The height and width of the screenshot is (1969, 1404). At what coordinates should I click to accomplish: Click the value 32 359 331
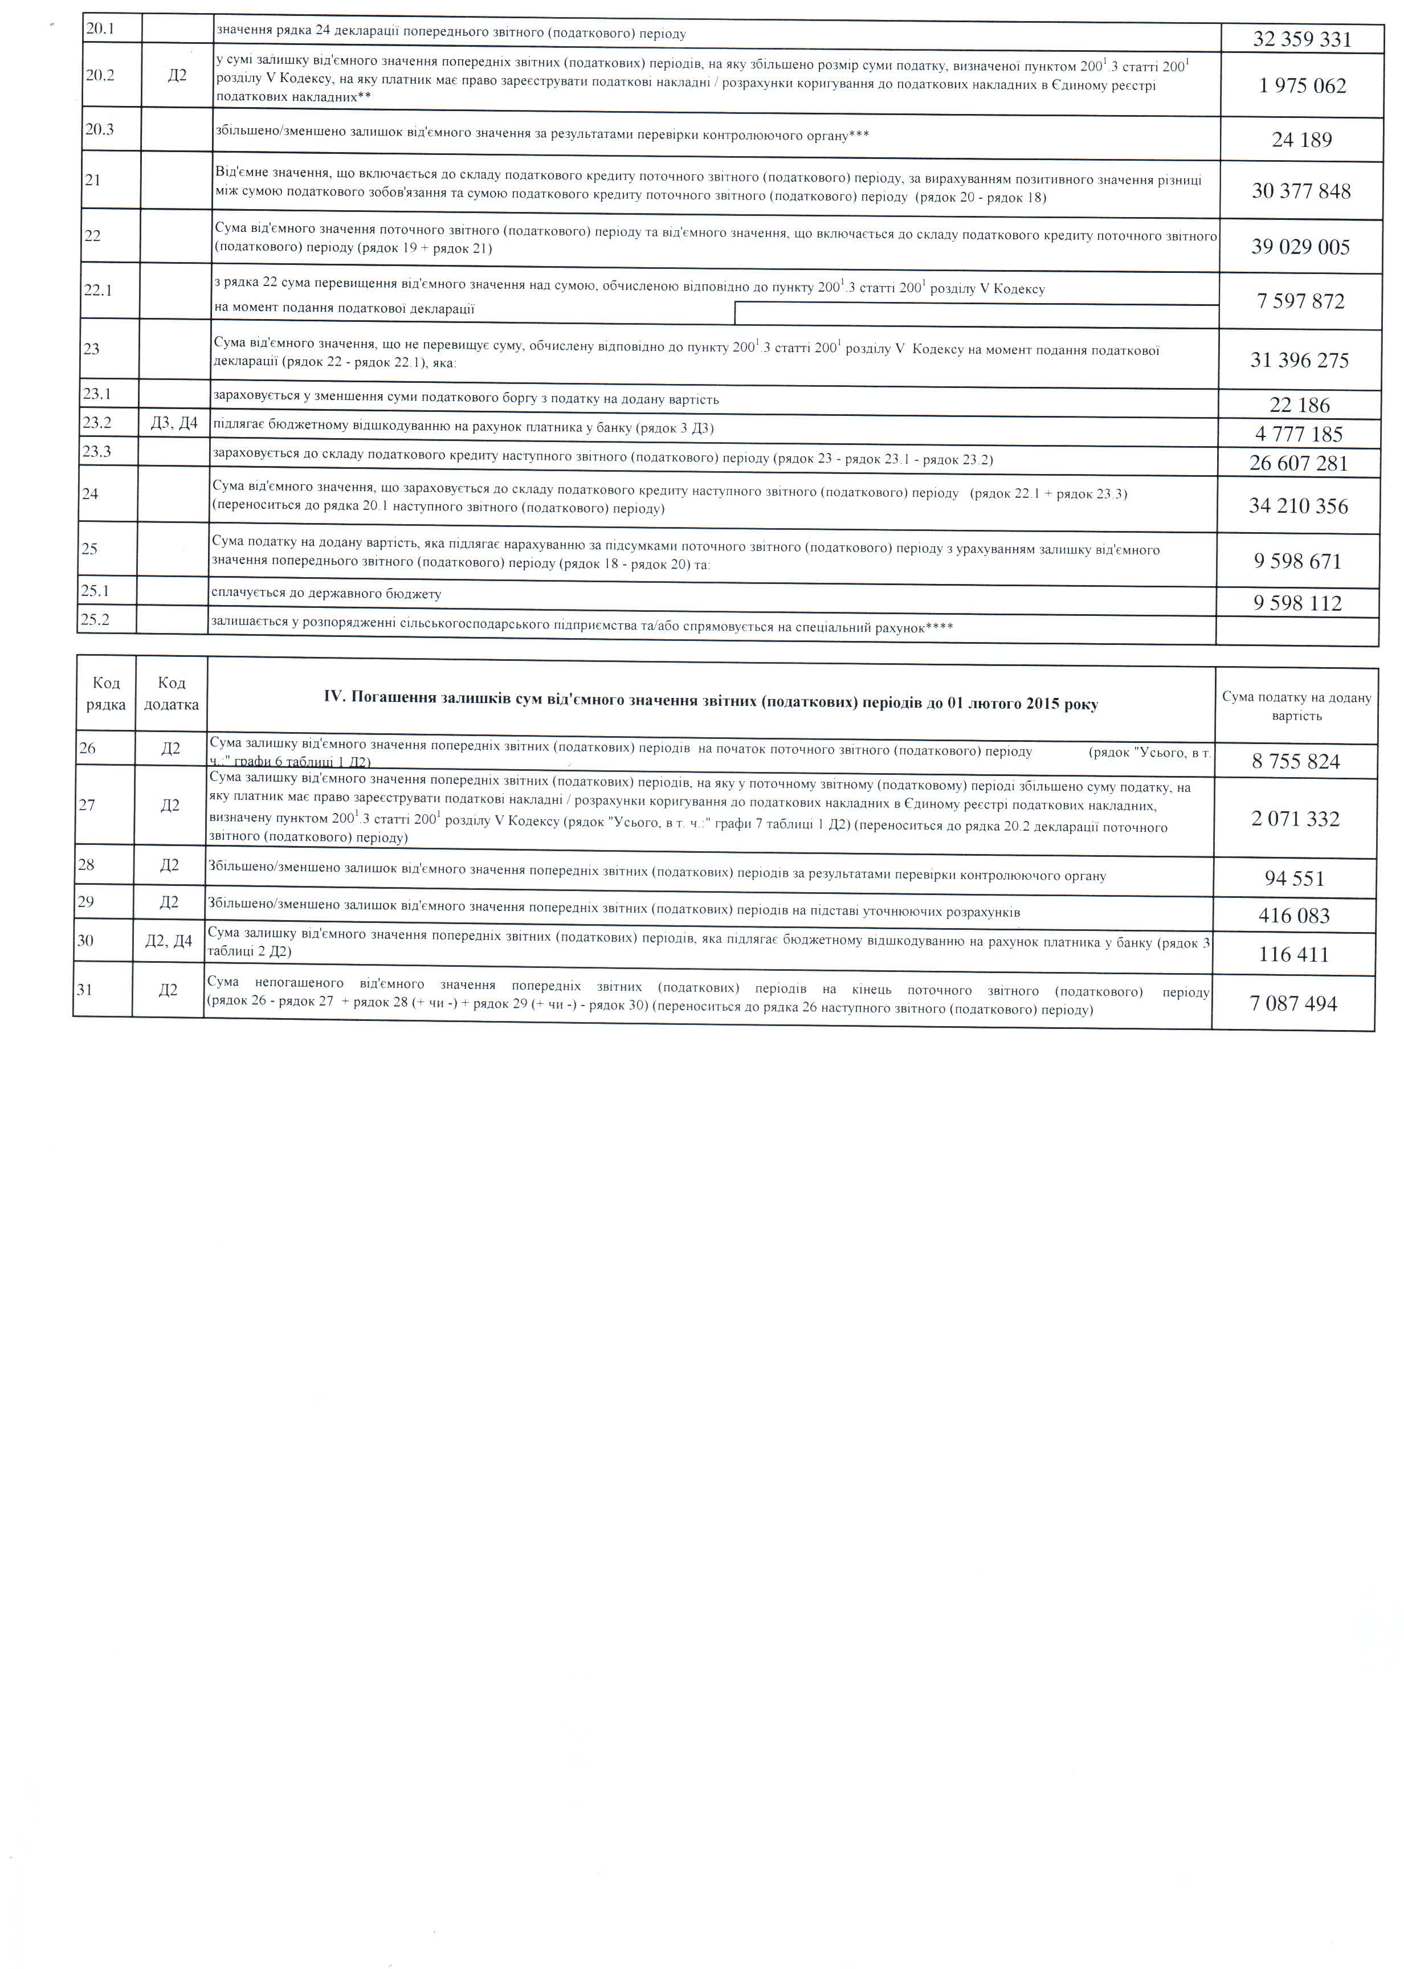(1302, 39)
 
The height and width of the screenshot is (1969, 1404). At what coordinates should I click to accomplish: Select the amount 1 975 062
(1303, 85)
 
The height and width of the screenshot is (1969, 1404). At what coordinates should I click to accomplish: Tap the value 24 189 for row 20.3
(1302, 139)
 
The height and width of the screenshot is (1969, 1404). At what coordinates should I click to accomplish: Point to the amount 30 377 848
(1301, 191)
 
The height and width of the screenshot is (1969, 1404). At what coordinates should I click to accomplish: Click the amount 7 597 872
(1300, 301)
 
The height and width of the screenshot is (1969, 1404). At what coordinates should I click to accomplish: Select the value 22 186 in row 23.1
(1299, 405)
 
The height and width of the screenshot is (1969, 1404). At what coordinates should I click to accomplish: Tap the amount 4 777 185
(1299, 434)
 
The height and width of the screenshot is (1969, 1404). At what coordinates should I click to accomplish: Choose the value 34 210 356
(1299, 506)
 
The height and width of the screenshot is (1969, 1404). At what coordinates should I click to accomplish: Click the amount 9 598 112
(1297, 603)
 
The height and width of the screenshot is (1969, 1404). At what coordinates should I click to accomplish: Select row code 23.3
(97, 451)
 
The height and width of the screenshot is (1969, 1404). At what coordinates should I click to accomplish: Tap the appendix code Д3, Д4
(174, 423)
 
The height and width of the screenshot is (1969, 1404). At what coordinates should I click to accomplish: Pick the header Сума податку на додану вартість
(1296, 706)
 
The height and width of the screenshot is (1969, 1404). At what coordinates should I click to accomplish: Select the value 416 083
(1294, 916)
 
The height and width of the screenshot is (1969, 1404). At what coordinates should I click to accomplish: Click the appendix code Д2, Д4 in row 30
(169, 941)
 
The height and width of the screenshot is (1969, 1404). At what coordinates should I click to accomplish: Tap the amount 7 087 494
(1293, 1003)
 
